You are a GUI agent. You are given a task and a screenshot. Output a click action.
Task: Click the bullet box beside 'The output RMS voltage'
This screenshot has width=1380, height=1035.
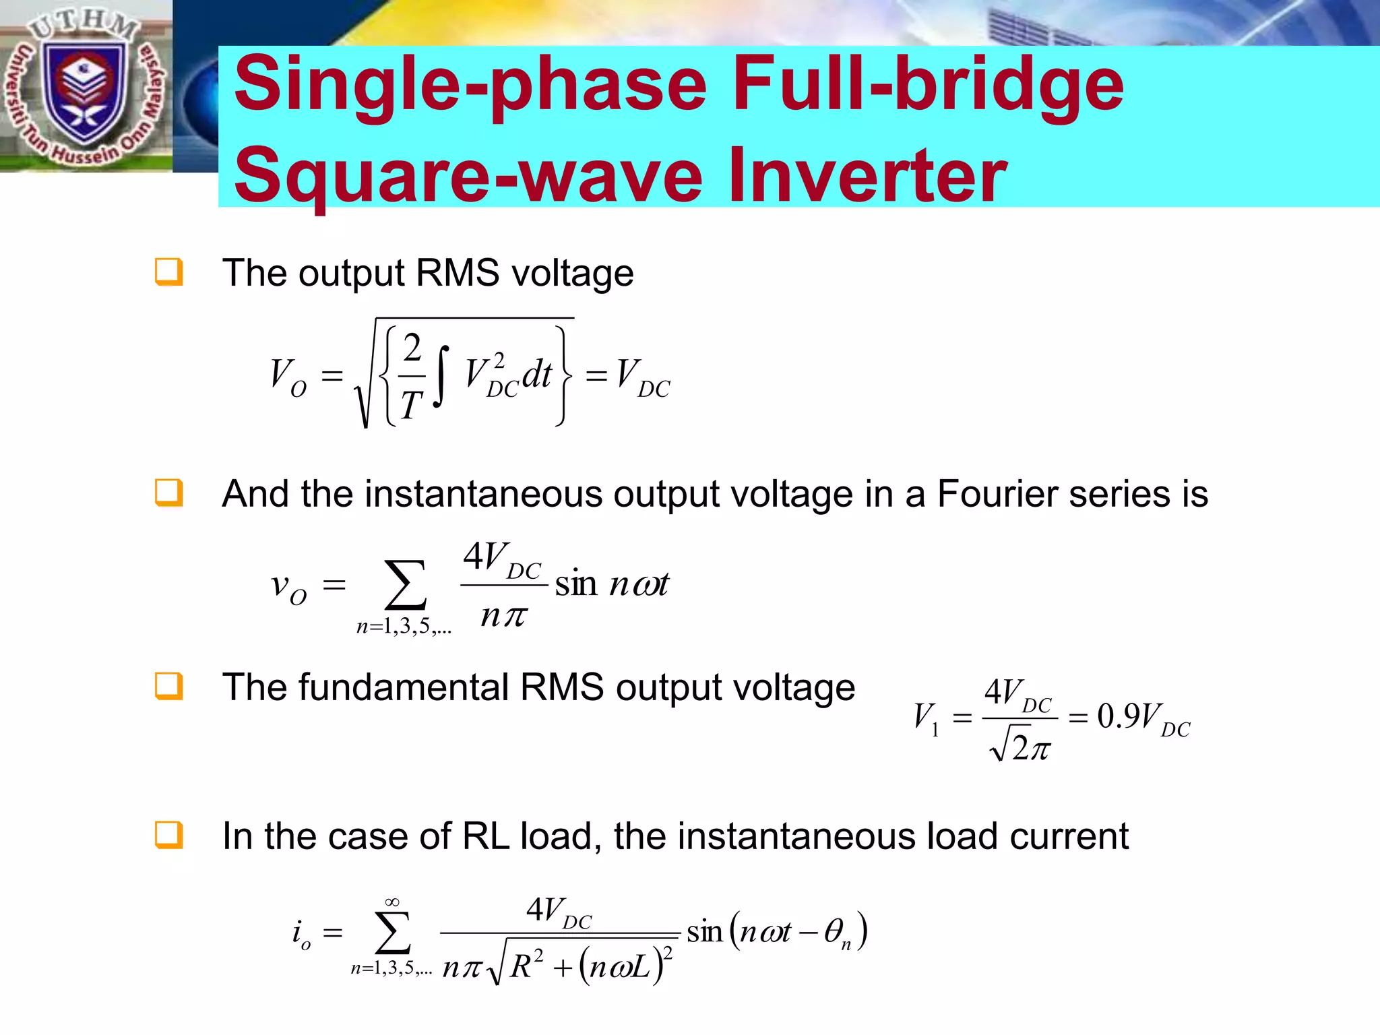click(168, 272)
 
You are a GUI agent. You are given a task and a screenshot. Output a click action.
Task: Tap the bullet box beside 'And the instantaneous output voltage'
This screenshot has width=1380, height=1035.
click(168, 493)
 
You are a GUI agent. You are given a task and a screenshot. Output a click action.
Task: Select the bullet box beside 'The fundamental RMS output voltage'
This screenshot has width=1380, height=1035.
click(168, 686)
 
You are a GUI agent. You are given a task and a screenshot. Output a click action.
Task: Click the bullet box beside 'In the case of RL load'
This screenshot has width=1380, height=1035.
click(168, 835)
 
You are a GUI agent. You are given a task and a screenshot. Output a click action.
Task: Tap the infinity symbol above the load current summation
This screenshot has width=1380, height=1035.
click(392, 902)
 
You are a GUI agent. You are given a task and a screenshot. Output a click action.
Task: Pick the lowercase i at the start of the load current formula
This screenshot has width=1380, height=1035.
click(298, 933)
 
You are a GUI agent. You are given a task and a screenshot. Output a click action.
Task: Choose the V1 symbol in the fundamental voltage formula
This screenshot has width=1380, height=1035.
click(925, 718)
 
